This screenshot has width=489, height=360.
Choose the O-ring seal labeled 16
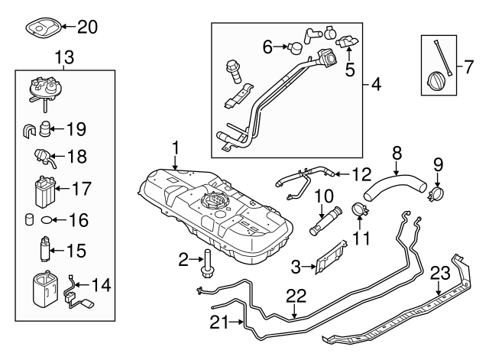pyautogui.click(x=46, y=219)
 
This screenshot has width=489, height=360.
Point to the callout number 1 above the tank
pyautogui.click(x=175, y=144)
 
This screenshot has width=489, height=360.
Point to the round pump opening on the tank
pyautogui.click(x=209, y=203)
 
